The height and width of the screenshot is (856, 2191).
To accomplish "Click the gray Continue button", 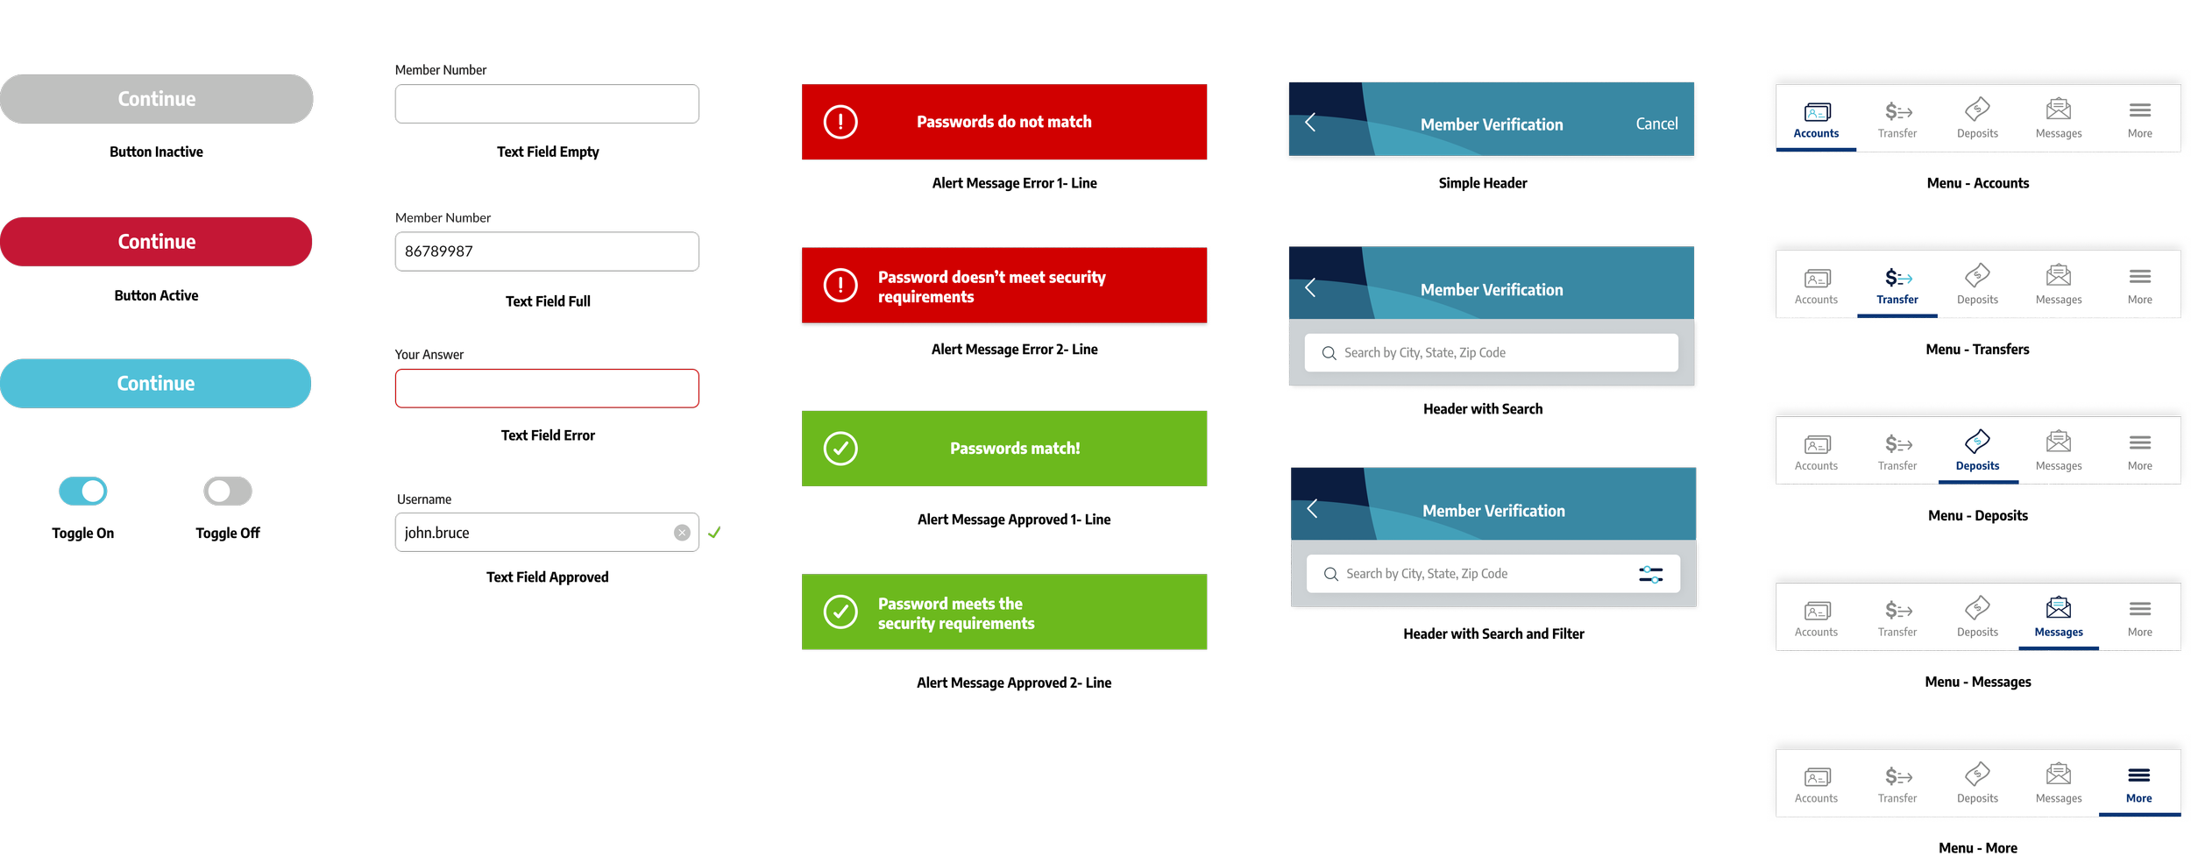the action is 156,99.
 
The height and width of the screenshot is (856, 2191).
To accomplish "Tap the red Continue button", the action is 156,242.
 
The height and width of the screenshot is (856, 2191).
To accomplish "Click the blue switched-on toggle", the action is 83,491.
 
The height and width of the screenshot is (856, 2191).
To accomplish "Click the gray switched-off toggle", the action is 228,491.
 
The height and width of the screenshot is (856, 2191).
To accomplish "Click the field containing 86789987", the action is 547,251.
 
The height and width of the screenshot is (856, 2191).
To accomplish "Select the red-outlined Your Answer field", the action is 547,388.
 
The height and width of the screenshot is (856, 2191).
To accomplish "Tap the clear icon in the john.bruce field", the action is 682,533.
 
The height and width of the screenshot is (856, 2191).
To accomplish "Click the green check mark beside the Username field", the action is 715,532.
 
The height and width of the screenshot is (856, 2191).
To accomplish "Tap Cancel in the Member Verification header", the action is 1656,124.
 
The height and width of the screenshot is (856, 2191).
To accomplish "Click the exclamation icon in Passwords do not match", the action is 840,122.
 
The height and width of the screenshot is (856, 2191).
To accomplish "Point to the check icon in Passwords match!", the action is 840,449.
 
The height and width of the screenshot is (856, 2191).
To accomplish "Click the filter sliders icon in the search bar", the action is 1650,574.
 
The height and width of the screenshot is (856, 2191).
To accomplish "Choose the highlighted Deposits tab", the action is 1977,452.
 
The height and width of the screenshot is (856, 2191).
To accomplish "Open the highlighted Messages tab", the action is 2059,619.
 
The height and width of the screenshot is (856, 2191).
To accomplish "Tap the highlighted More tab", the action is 2138,784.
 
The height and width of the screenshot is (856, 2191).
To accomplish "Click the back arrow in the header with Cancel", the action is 1310,123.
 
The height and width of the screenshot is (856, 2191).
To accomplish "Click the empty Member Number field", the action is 547,104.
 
